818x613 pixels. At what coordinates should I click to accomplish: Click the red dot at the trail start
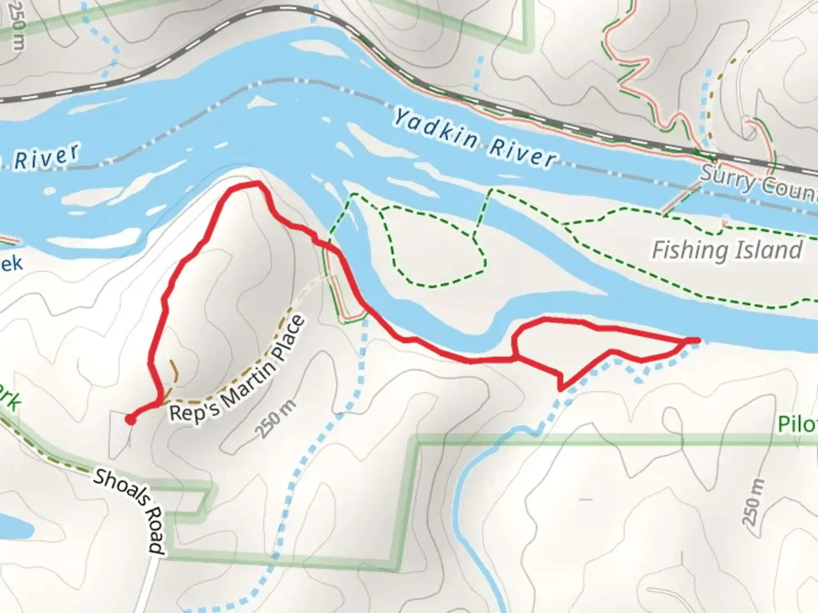click(131, 419)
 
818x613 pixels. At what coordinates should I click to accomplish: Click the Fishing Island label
click(727, 250)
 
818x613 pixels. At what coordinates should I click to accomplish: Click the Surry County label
click(758, 183)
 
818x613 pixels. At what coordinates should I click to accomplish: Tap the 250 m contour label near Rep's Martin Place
click(276, 419)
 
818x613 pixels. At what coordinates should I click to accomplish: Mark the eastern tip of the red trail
click(696, 340)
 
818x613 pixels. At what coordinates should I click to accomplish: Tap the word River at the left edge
click(45, 157)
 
